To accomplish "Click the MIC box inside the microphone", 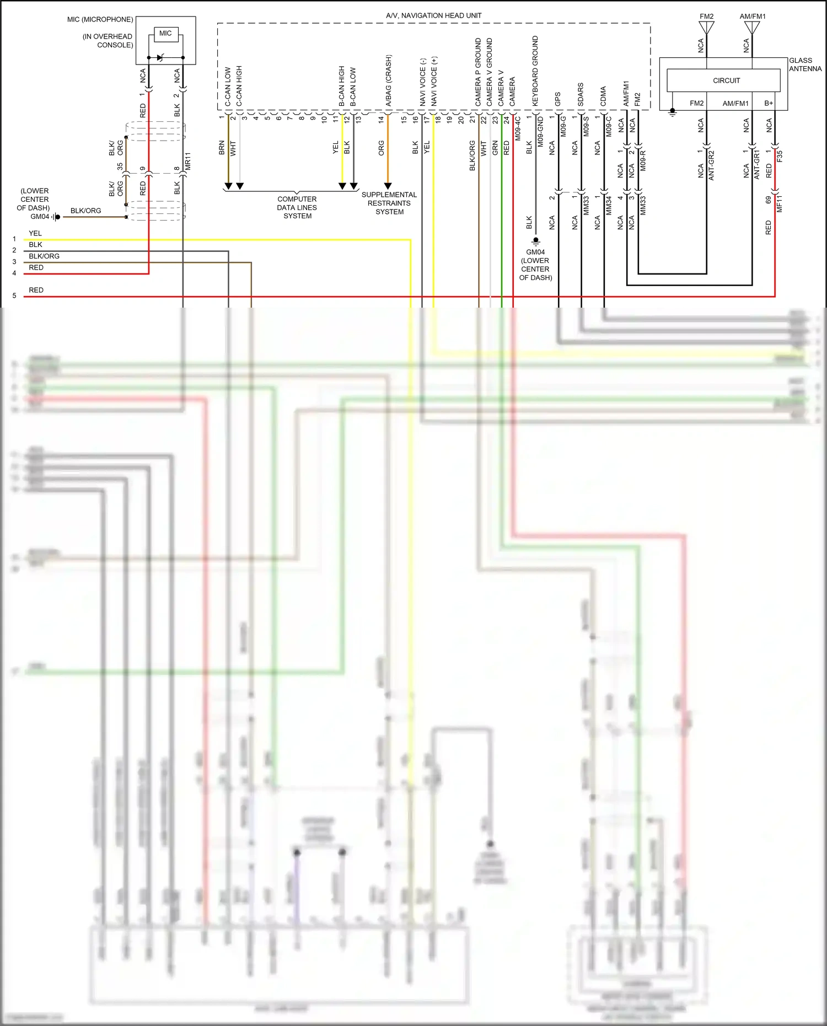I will click(x=165, y=34).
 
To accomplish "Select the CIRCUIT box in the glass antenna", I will click(x=726, y=80).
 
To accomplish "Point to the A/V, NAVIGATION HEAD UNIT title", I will click(x=433, y=15).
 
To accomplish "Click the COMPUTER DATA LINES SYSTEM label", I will click(x=297, y=207).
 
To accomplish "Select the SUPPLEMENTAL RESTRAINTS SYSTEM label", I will click(x=389, y=203).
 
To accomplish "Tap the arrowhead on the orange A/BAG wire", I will click(x=388, y=186).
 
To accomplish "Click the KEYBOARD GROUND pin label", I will click(x=535, y=71).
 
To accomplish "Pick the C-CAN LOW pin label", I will click(x=228, y=87).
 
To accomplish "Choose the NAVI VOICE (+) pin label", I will click(x=434, y=81).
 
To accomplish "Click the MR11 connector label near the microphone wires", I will click(x=187, y=161).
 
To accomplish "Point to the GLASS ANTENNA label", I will click(x=805, y=65).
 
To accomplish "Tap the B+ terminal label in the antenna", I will click(x=769, y=103).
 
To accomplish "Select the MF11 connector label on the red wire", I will click(x=780, y=203).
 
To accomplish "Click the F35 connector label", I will click(x=780, y=157).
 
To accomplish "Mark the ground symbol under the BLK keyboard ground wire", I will click(x=535, y=241).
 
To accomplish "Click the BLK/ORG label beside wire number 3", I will click(x=44, y=256).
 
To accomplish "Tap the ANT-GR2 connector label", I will click(x=711, y=165).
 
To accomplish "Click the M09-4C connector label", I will click(x=518, y=128).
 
